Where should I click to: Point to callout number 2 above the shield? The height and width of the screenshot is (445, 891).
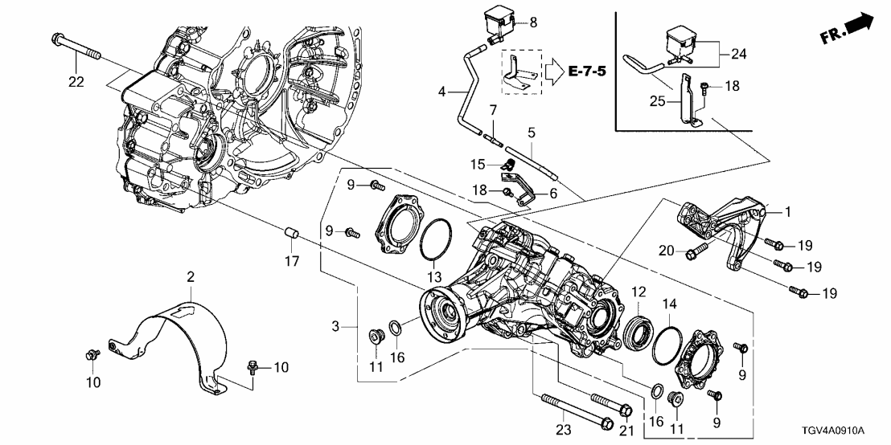point(190,277)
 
